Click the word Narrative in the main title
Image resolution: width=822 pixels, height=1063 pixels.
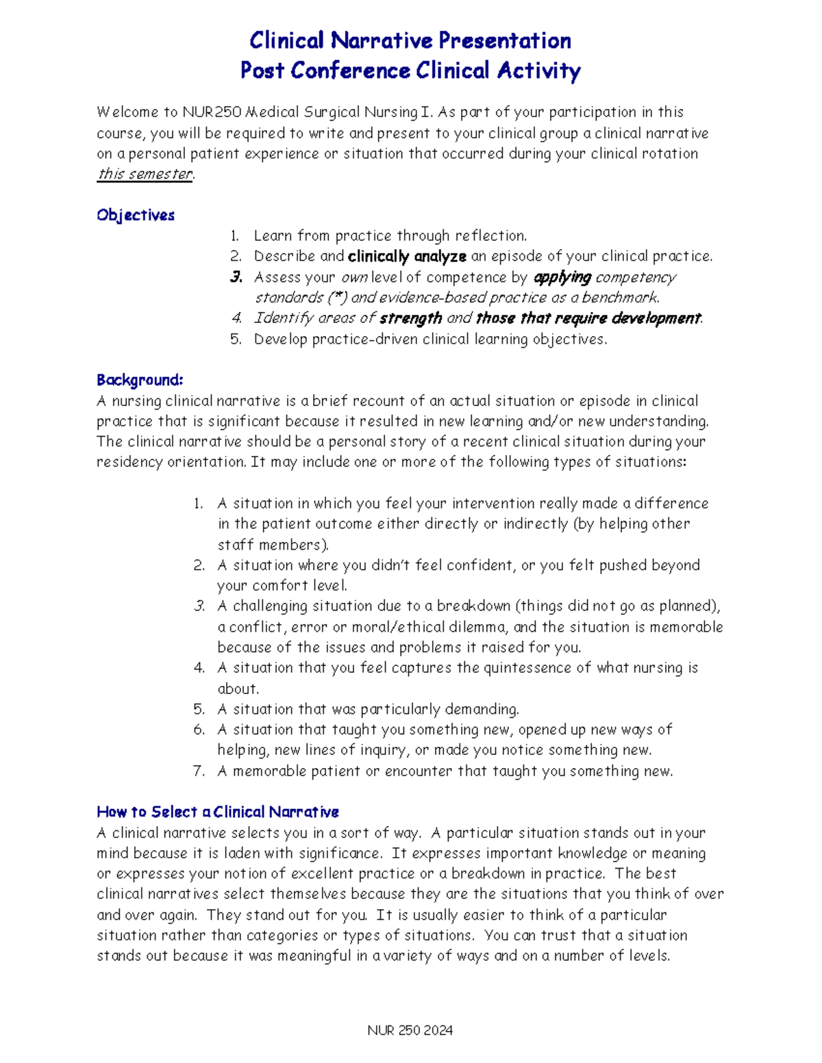coord(381,41)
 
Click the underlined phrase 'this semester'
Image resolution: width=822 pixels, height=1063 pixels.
coord(145,174)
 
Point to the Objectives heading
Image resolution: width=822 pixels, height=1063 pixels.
coord(136,215)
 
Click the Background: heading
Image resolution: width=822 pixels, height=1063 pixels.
coord(140,380)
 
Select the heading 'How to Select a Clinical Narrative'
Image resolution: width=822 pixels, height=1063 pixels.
coord(218,812)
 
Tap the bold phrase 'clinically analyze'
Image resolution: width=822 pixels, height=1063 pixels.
coord(407,257)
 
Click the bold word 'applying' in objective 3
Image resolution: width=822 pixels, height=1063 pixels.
coord(562,277)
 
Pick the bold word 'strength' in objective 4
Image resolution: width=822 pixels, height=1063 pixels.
coord(410,318)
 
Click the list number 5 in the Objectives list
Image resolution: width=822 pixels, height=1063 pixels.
coord(236,340)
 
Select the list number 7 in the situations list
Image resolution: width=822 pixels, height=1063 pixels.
coord(199,771)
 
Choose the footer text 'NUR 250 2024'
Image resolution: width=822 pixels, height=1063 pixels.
coord(410,1031)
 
